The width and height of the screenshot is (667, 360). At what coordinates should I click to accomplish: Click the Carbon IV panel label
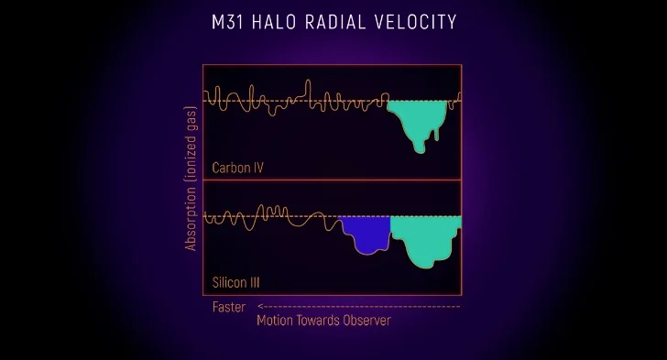point(238,168)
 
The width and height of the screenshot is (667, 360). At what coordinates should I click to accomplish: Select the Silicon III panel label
point(235,282)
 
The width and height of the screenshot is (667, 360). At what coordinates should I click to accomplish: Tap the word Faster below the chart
point(229,307)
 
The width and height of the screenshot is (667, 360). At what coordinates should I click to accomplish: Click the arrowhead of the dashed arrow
point(260,306)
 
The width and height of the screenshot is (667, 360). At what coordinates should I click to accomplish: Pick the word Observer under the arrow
point(366,320)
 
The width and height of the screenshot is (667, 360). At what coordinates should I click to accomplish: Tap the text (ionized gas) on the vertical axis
point(191,145)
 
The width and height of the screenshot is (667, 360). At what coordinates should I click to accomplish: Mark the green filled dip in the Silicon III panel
point(425,238)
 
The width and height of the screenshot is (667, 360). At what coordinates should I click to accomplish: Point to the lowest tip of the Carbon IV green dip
point(421,153)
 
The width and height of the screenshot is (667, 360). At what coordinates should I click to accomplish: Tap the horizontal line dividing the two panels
point(332,180)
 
